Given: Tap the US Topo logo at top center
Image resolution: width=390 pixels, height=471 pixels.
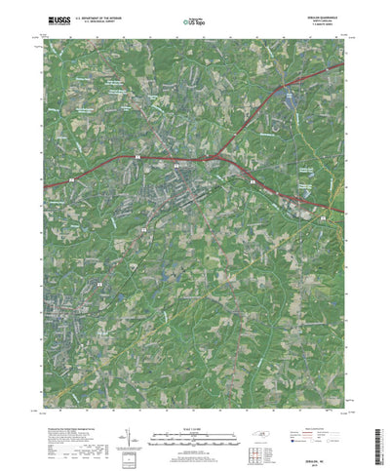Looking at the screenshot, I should coord(195,20).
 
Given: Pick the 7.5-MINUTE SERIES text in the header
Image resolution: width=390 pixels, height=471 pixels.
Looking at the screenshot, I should coord(319,24).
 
